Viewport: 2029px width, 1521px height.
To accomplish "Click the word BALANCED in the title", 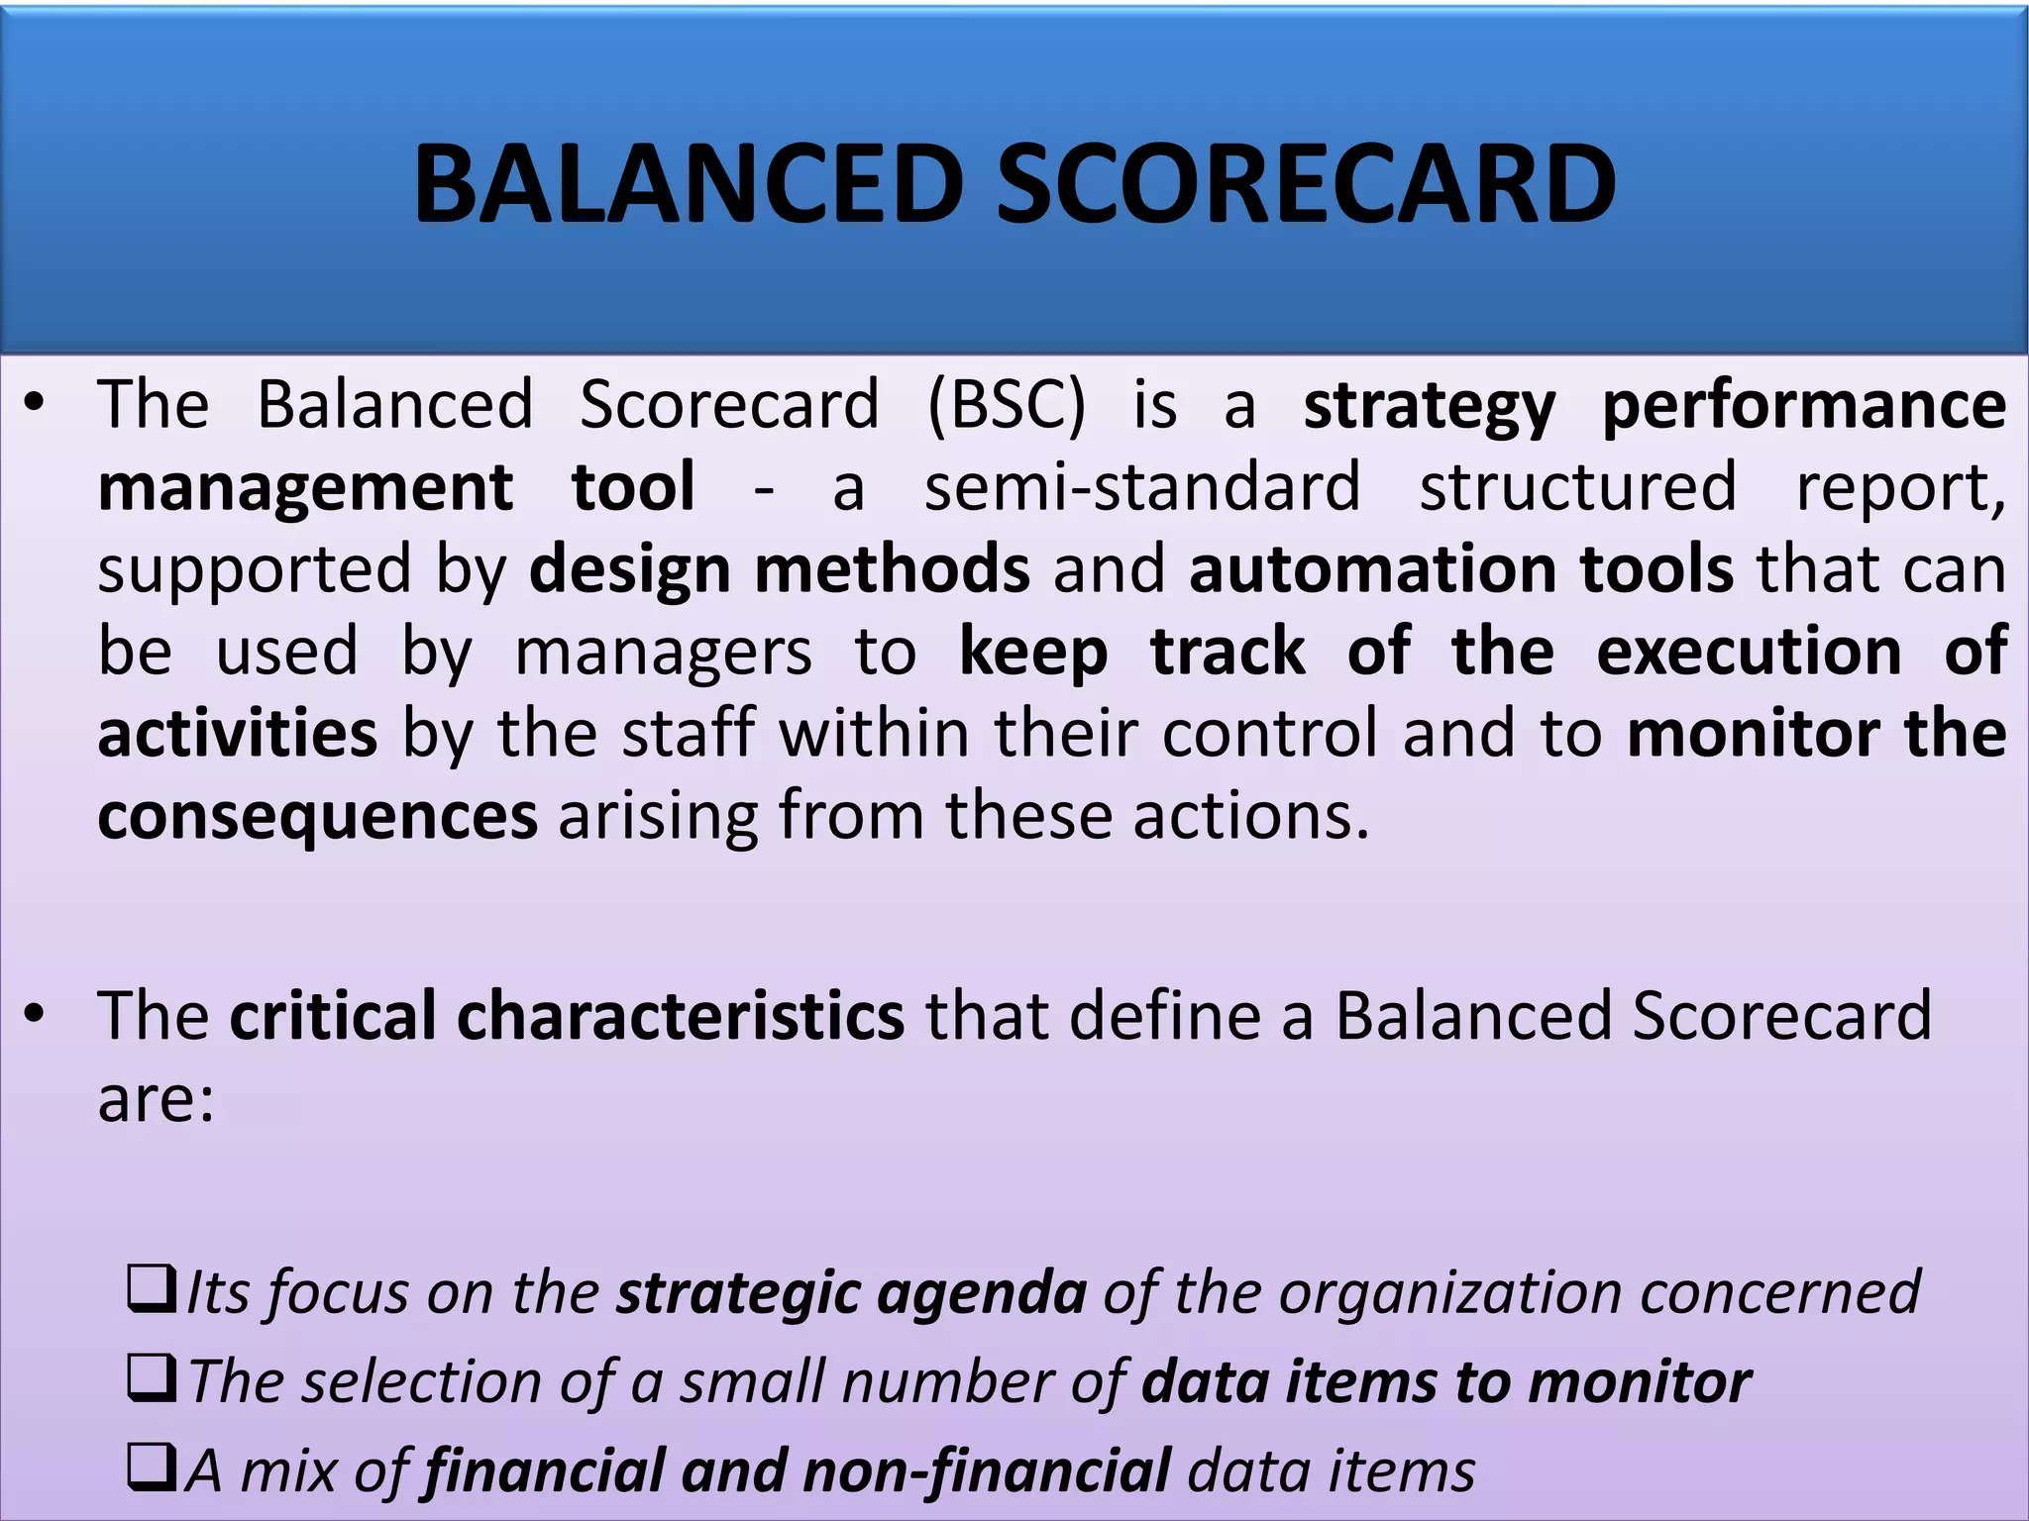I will pyautogui.click(x=688, y=184).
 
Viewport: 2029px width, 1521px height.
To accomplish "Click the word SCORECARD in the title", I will pyautogui.click(x=1306, y=184).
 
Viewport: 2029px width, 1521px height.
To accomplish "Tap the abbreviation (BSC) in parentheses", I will pyautogui.click(x=1007, y=405).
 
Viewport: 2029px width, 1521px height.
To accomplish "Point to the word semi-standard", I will pyautogui.click(x=1142, y=487).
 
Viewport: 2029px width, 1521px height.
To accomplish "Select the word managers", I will pyautogui.click(x=663, y=653).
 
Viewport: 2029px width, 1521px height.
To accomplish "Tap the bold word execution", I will pyautogui.click(x=1749, y=652).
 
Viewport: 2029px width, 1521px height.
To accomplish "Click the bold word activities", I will pyautogui.click(x=238, y=734).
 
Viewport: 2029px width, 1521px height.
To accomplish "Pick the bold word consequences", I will pyautogui.click(x=317, y=817).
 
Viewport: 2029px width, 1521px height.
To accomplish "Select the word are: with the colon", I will pyautogui.click(x=156, y=1098).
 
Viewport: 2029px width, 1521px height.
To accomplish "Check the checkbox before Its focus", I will pyautogui.click(x=152, y=1288).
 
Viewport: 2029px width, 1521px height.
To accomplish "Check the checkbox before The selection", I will pyautogui.click(x=152, y=1378).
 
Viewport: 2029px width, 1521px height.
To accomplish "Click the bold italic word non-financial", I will pyautogui.click(x=987, y=1470).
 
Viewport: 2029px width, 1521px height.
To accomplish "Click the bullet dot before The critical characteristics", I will pyautogui.click(x=36, y=1014).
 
